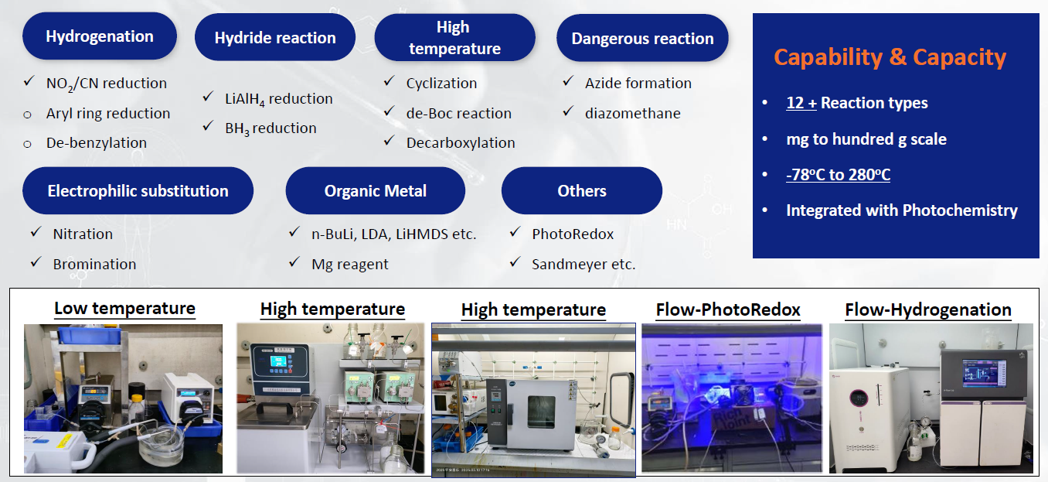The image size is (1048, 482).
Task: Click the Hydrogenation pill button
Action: coord(100,36)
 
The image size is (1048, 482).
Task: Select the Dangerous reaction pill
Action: coord(642,38)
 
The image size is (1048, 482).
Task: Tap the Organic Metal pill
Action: coord(375,190)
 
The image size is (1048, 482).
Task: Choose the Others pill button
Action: coord(581,190)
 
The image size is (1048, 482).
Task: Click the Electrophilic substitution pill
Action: coord(138,190)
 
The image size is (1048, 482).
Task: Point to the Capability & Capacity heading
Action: coord(890,57)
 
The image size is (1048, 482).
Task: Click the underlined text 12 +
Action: coord(801,103)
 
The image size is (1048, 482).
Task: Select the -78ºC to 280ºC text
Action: coord(838,174)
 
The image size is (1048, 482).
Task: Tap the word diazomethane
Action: coord(632,114)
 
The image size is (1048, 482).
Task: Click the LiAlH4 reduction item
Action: coord(279,99)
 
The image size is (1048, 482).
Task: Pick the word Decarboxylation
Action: coord(461,143)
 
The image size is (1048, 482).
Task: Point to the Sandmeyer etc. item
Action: coord(584,264)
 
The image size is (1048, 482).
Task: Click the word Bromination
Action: coord(94,264)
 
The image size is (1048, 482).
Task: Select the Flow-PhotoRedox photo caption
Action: coord(728,309)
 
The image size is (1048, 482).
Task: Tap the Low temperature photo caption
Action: coord(124,308)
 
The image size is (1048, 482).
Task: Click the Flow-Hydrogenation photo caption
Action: coord(928,309)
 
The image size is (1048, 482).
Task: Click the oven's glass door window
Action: coord(541,412)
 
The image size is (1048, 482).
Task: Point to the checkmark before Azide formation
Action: coord(568,81)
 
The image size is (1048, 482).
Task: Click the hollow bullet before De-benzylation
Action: coord(28,144)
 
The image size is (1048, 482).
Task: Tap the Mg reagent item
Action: coord(350,265)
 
